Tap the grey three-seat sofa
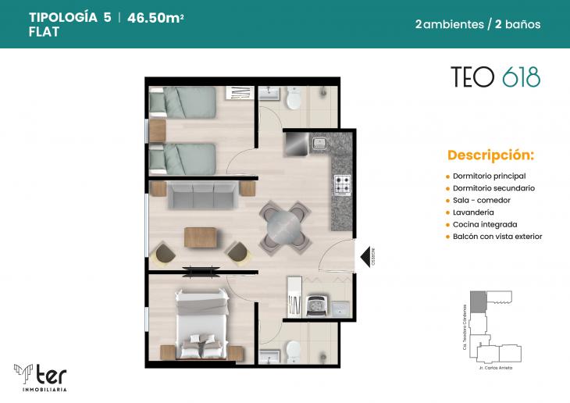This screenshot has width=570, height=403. pos(203,195)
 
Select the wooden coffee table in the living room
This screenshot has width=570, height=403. pos(201,237)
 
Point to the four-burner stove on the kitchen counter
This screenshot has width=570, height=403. pos(343,184)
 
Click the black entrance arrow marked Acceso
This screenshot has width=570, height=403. pos(363,255)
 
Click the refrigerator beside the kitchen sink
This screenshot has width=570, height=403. pos(296,144)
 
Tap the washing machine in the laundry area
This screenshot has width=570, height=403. pos(318,304)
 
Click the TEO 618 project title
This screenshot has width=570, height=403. pos(495,77)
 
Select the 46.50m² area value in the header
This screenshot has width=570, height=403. pos(161,17)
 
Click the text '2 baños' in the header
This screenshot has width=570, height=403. pos(518,24)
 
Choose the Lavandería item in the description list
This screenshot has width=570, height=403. pos(473,212)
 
